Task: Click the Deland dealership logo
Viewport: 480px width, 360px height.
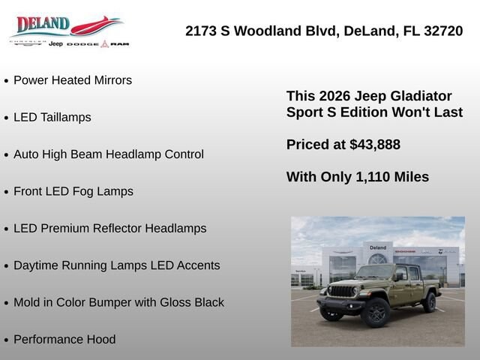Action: (x=70, y=31)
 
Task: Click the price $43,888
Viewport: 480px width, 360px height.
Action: (x=375, y=145)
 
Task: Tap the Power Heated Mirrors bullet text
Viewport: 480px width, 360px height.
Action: (x=73, y=80)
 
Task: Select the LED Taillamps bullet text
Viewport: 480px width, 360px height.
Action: (x=52, y=117)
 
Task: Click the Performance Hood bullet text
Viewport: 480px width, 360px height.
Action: (x=64, y=340)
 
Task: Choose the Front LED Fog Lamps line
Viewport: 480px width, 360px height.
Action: (x=73, y=191)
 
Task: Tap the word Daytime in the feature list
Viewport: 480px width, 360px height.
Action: (x=36, y=265)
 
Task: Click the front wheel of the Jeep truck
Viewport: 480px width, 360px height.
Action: (x=375, y=313)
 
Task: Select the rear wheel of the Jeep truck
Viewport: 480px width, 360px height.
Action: (x=430, y=302)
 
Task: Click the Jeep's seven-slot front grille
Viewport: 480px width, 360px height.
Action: (x=342, y=291)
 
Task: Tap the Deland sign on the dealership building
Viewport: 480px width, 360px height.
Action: (x=378, y=247)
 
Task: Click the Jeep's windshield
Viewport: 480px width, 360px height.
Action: (x=375, y=271)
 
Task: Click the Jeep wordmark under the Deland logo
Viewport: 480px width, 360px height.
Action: (x=55, y=44)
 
